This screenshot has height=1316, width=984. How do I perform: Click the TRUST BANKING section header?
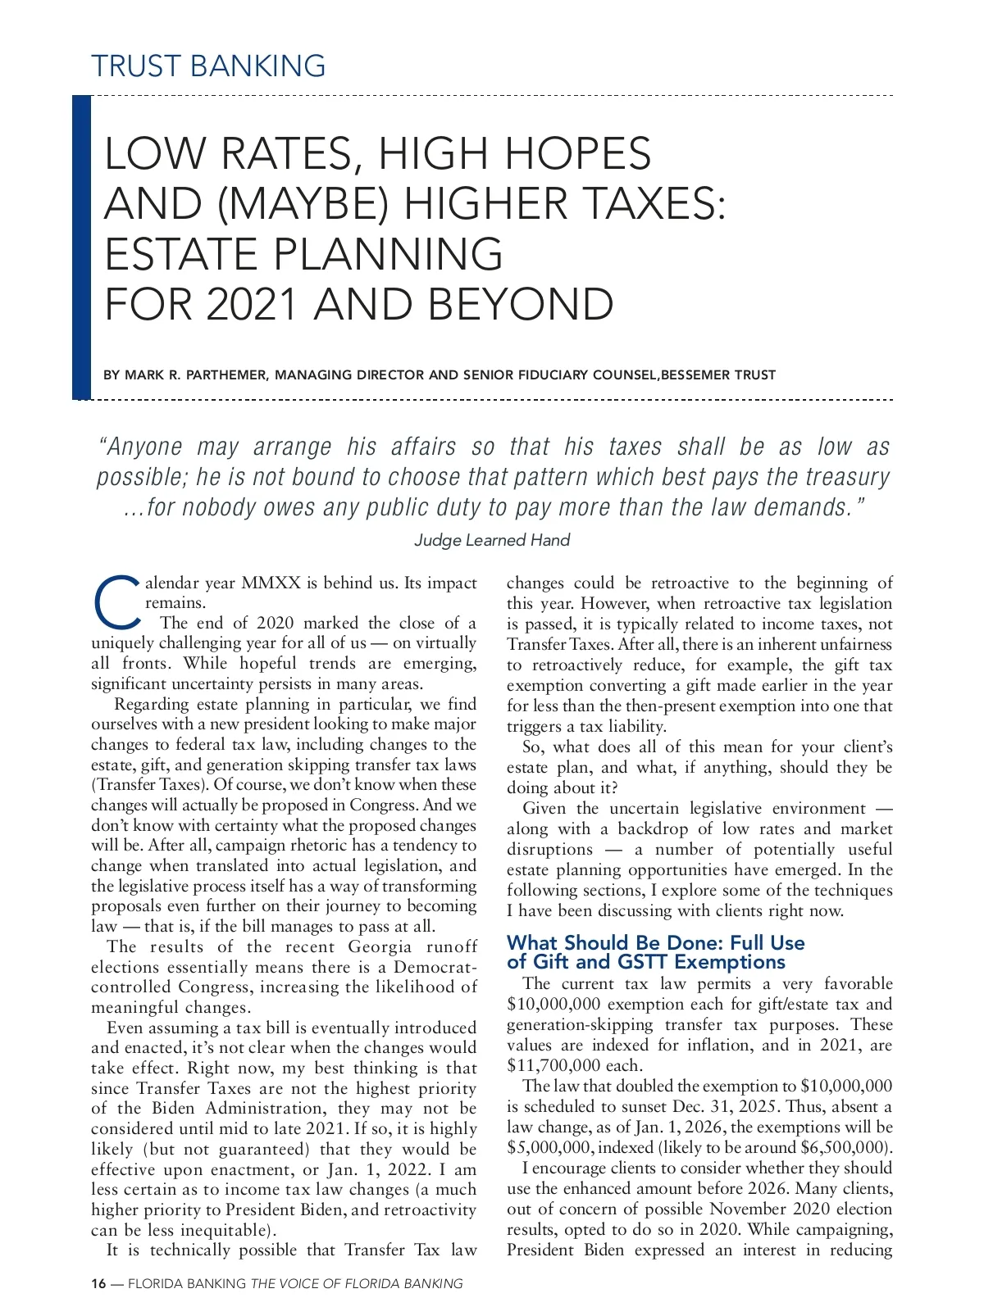[x=208, y=66]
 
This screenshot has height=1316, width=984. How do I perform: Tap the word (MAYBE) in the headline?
[x=303, y=204]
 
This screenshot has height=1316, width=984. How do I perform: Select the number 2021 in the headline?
[x=252, y=305]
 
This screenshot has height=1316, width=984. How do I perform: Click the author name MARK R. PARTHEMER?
[x=195, y=375]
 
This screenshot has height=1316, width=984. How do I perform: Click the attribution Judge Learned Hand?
[x=491, y=540]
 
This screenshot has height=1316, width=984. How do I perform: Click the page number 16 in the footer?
[x=98, y=1284]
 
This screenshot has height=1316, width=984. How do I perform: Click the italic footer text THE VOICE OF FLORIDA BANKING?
[x=357, y=1284]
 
